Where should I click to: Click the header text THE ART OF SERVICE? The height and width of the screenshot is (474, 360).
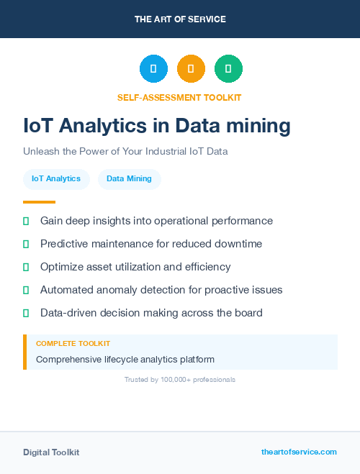coord(180,19)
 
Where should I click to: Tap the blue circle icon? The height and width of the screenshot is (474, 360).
coord(153,69)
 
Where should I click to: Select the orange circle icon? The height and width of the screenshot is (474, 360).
coord(191,69)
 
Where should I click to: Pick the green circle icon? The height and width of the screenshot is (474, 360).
coord(228,69)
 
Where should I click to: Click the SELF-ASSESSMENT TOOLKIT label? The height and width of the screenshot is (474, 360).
coord(179,97)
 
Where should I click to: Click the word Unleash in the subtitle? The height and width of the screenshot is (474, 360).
coord(40,152)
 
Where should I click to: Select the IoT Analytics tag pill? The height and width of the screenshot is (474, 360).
coord(56,178)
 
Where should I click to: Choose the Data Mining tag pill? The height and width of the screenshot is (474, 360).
coord(129,178)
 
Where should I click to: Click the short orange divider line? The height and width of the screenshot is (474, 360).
coord(39,202)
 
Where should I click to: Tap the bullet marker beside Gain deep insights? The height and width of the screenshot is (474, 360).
coord(26,221)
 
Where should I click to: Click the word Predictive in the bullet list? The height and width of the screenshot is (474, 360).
coord(64,244)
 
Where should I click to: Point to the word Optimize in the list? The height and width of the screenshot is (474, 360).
coord(63,267)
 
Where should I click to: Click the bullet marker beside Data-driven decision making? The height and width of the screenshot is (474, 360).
coord(26,313)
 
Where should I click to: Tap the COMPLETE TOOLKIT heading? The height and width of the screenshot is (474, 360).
coord(73,344)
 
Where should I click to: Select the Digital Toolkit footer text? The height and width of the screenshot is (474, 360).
coord(51,452)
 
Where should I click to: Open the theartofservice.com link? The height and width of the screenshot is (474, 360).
coord(299,452)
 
